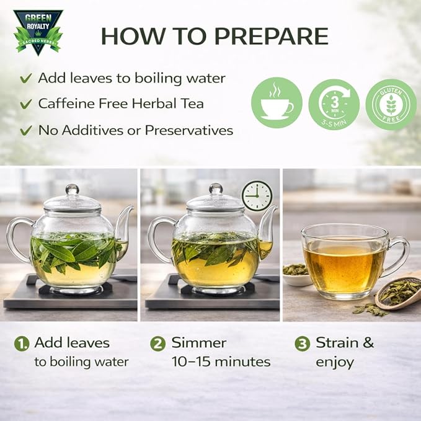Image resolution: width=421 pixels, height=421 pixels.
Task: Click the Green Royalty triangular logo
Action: point(38,32)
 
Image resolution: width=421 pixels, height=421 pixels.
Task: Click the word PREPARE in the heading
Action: point(272,36)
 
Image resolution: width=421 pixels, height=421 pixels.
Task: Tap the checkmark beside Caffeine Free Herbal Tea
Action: point(26,104)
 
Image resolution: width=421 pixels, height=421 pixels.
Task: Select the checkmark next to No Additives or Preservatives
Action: point(26,130)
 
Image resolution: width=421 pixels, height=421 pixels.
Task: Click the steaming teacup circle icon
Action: point(277,102)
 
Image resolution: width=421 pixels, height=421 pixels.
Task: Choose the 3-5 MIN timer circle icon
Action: point(334,105)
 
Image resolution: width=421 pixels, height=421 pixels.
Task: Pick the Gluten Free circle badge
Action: point(391,105)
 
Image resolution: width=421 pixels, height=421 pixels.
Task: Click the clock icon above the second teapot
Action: point(257,195)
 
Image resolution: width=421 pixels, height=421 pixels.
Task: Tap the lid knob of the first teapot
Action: point(72,189)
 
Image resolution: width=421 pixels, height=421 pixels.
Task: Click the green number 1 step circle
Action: point(22,344)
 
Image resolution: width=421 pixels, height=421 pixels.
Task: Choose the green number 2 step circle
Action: point(157,344)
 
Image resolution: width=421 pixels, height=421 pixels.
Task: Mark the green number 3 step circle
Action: point(303,344)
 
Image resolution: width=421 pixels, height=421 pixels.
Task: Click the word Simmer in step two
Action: point(199,343)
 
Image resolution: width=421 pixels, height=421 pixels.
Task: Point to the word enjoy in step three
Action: point(335,363)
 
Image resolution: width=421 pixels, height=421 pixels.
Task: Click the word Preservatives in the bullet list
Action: point(188,130)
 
